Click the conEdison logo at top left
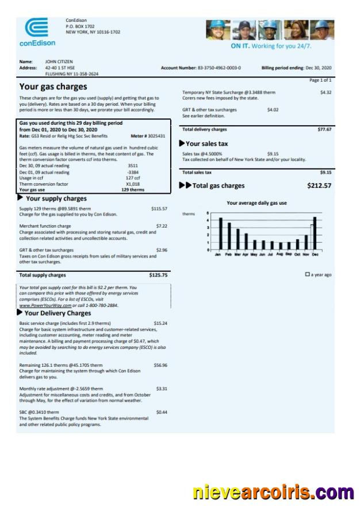coord(37,32)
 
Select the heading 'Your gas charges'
coord(53,87)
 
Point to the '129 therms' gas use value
coord(133,189)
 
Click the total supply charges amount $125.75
coord(158,275)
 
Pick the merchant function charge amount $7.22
coord(162,226)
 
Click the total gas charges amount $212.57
coord(320,186)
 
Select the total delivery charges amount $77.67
coord(324,129)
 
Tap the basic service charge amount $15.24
coord(160,324)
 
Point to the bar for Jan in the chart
coord(220,233)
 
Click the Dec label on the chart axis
coord(315,254)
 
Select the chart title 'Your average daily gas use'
coord(256,203)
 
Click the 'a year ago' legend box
coord(308,275)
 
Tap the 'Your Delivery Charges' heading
coord(58,313)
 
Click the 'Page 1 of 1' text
coord(320,80)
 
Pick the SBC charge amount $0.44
coord(162,412)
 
